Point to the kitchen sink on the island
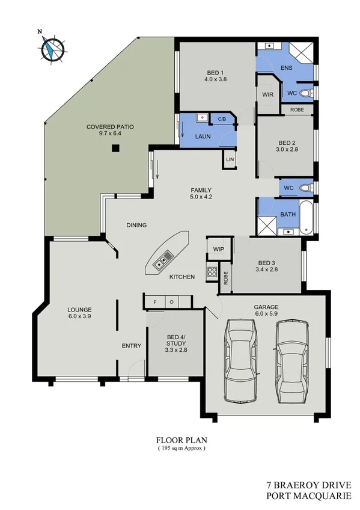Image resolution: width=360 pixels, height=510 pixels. (163, 260)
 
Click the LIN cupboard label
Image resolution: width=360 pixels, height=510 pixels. (230, 160)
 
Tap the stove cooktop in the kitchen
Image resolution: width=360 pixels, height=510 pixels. (212, 271)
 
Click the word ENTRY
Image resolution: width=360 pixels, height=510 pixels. (131, 345)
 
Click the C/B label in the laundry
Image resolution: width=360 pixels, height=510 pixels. (221, 118)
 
